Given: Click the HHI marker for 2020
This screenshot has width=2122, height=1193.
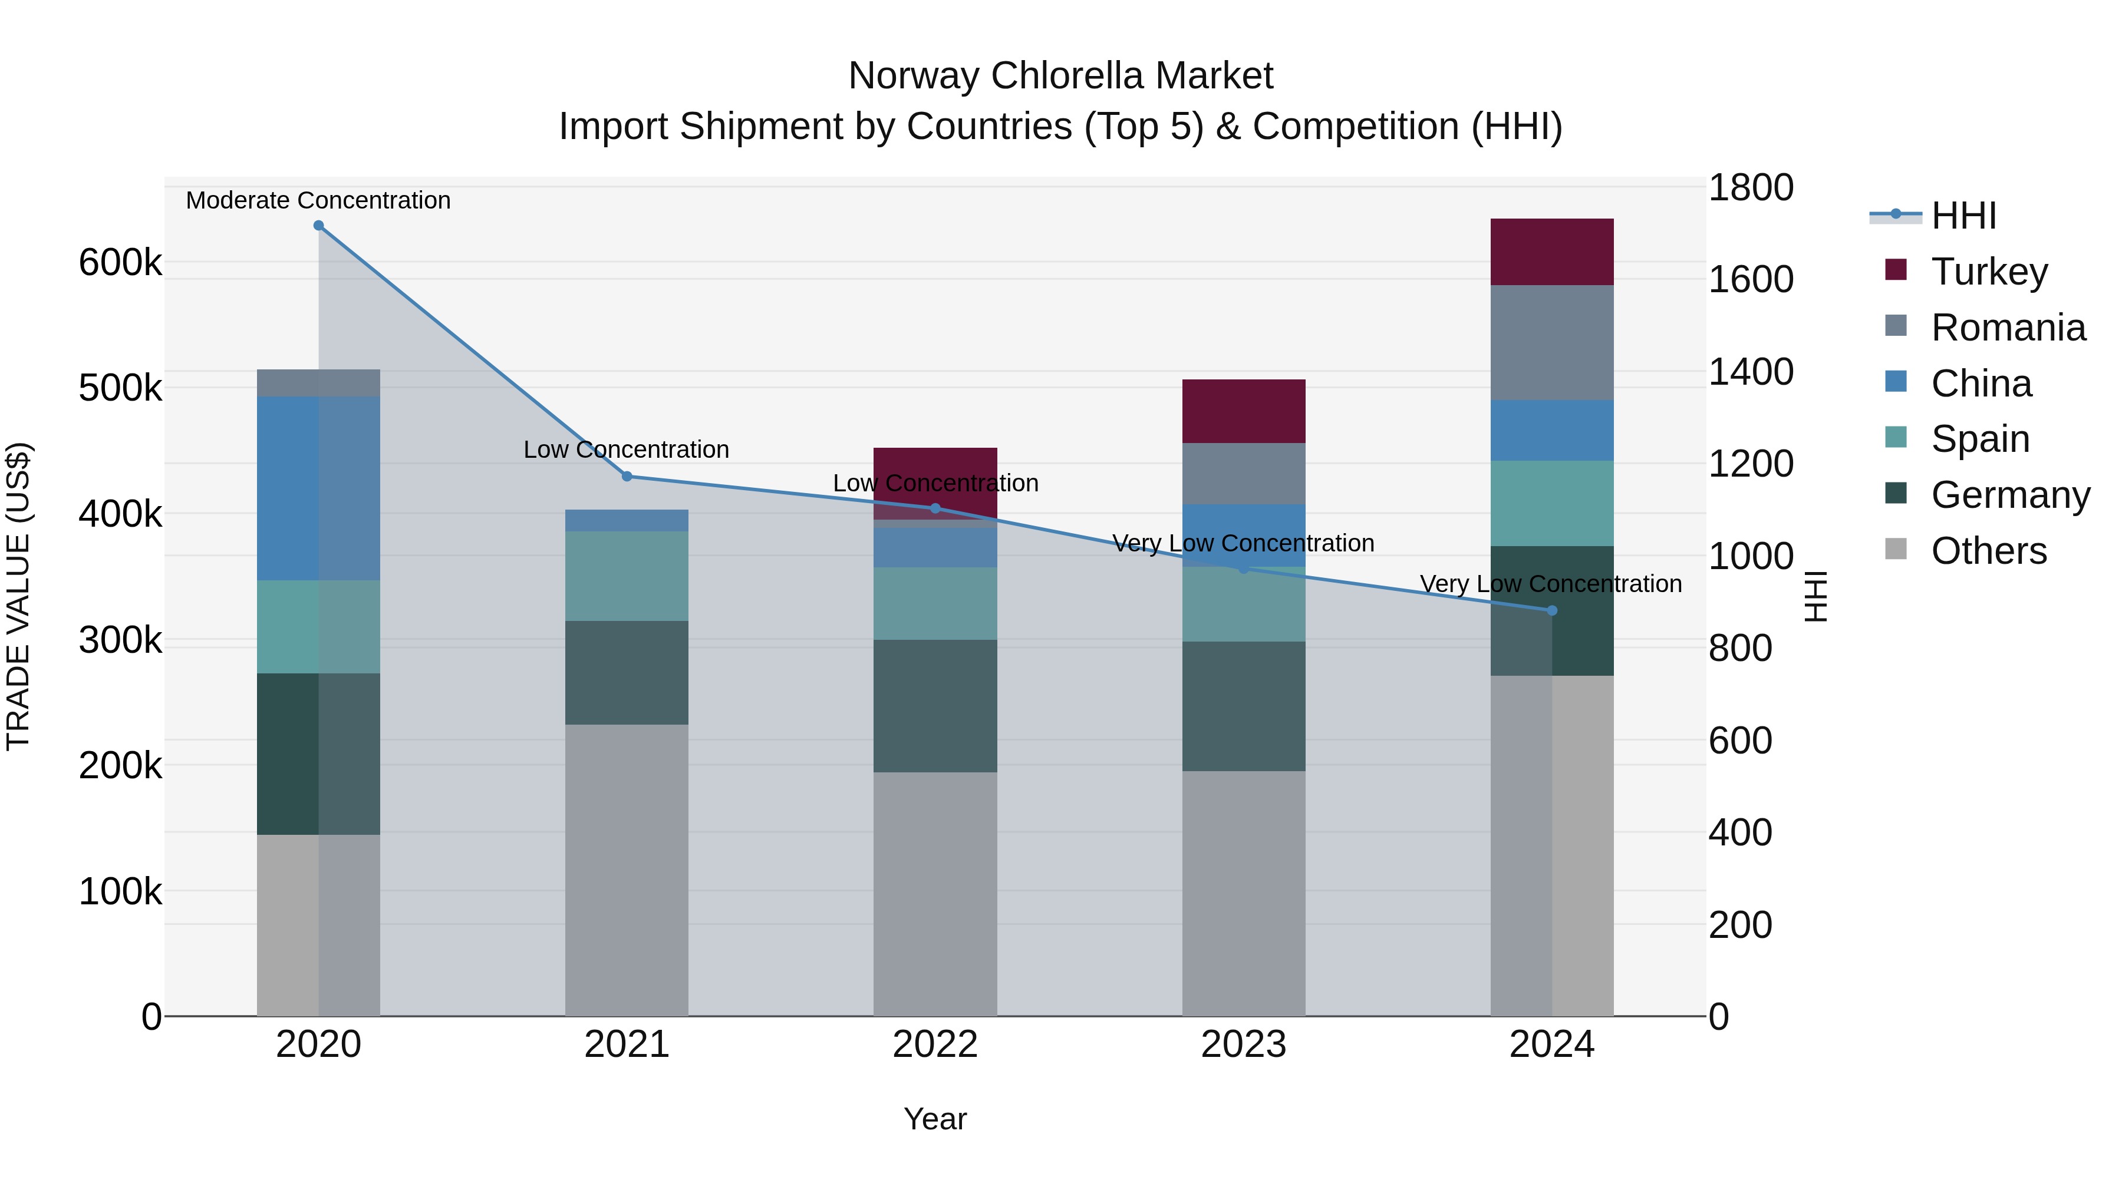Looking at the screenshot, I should (319, 226).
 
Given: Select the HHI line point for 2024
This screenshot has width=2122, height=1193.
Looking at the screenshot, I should (1552, 611).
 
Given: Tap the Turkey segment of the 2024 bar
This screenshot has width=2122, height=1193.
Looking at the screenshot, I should (1552, 252).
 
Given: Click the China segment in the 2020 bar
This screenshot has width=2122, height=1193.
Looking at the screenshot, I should (319, 488).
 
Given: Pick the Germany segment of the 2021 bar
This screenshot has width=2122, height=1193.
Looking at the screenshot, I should (627, 673).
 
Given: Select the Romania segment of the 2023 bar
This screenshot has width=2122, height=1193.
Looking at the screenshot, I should (1244, 474).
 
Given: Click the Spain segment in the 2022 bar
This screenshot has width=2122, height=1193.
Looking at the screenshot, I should (935, 603).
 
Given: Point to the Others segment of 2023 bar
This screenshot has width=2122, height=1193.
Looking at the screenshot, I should (1244, 893).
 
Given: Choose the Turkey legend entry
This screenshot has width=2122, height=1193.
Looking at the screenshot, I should (1989, 272).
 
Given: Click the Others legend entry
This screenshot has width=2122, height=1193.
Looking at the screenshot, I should (1989, 551).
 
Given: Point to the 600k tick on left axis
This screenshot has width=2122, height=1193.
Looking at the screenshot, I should (120, 263).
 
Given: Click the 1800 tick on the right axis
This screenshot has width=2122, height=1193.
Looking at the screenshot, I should (1751, 188).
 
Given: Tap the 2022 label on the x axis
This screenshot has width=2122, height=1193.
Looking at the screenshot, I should (935, 1045).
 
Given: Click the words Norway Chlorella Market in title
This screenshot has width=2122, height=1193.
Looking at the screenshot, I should (1060, 76).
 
